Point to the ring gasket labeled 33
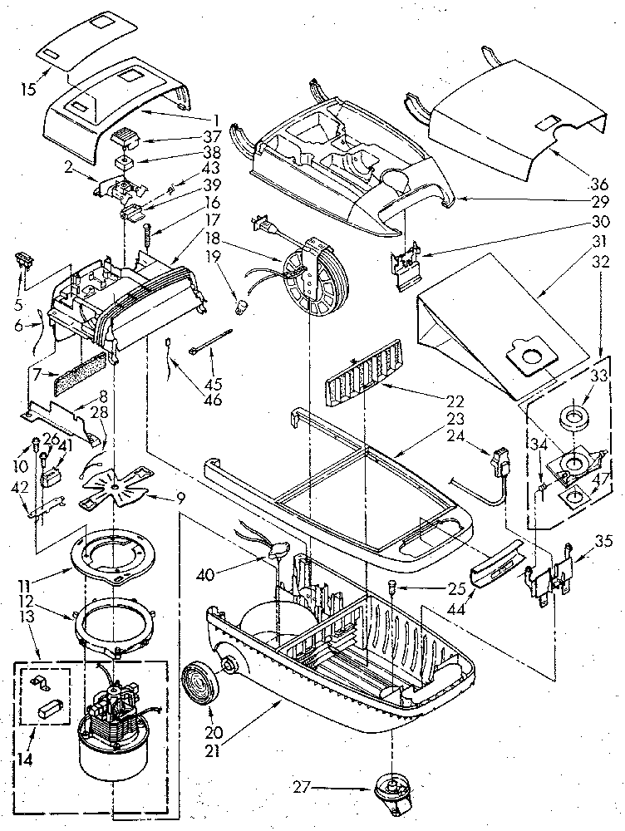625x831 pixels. (x=571, y=413)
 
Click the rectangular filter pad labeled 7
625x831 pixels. (x=80, y=378)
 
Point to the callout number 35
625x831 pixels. (x=603, y=541)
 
